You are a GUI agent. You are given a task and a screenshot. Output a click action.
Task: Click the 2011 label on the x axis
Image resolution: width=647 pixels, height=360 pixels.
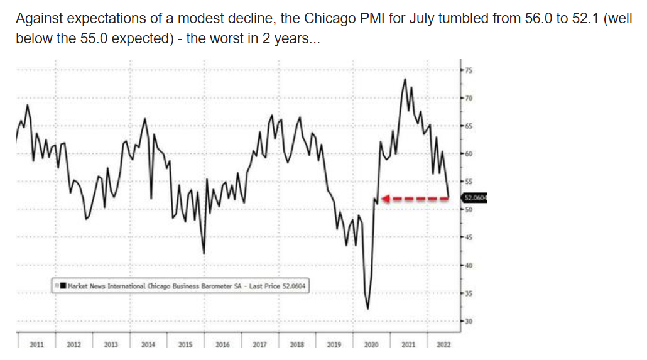click(x=36, y=345)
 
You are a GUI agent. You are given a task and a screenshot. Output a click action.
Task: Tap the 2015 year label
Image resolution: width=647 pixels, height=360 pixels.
click(x=185, y=345)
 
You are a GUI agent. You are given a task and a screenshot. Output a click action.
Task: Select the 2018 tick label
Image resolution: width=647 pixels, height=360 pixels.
click(x=296, y=345)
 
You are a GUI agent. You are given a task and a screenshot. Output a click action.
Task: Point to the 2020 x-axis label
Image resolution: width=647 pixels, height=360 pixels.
click(x=371, y=345)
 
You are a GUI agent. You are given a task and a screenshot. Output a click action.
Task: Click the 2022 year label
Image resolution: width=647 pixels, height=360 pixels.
click(x=443, y=345)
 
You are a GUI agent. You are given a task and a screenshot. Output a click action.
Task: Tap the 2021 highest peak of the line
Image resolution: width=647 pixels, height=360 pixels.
click(x=405, y=79)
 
